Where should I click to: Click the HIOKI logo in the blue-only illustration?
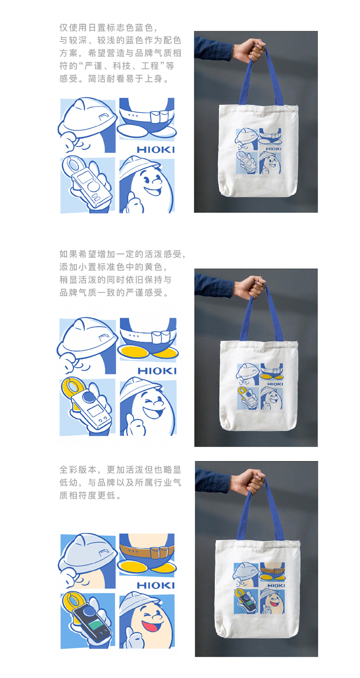156,150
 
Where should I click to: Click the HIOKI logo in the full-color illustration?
156,585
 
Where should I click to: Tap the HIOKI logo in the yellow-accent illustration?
157,371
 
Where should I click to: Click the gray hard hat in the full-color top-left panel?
87,551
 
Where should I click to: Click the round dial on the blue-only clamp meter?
93,186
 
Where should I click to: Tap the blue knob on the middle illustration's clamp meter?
89,397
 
